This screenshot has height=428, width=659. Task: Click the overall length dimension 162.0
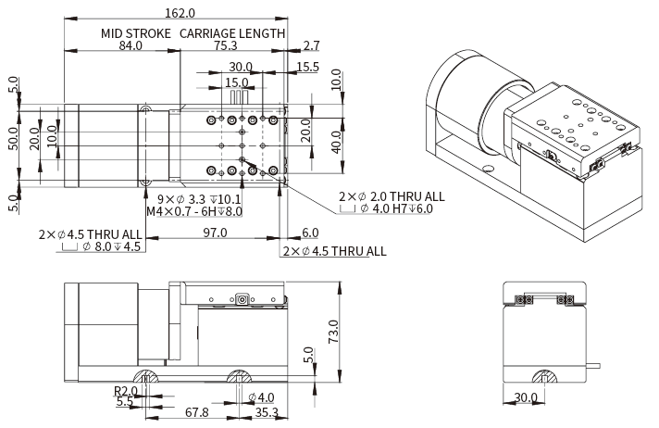180,13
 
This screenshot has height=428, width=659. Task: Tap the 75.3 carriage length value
224,46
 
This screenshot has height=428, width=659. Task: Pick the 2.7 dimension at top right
311,46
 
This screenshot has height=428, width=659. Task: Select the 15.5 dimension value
308,67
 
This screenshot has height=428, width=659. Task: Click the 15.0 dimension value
237,82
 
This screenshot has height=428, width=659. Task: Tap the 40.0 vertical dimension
337,144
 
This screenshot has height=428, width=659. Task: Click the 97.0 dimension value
215,233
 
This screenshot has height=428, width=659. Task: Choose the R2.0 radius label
125,390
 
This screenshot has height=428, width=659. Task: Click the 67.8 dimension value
196,412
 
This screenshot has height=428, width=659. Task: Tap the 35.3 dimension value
267,412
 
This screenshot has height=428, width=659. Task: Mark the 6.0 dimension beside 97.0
309,233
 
